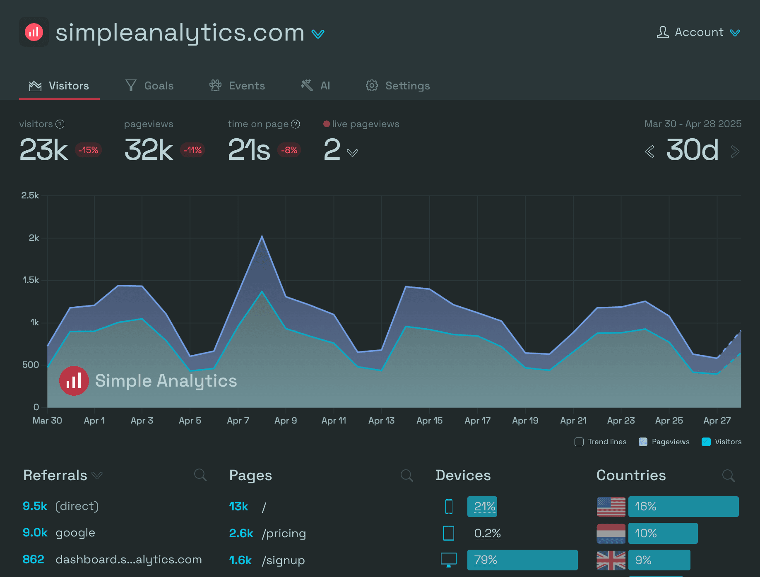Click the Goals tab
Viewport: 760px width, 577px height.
(149, 86)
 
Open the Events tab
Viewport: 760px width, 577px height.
(237, 86)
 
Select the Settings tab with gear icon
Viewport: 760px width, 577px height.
(398, 86)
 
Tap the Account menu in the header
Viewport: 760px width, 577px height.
(698, 32)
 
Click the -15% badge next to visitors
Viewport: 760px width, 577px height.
(88, 150)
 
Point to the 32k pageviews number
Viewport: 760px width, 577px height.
(149, 150)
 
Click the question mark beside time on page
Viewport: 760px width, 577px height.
(296, 124)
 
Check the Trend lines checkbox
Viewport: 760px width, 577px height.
(579, 442)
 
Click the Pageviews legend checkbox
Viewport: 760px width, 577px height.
(643, 442)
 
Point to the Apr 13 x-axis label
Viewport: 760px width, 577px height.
(381, 421)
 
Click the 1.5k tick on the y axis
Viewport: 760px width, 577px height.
(31, 280)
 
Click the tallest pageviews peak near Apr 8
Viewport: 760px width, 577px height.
(262, 236)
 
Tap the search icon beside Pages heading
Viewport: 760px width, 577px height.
(406, 475)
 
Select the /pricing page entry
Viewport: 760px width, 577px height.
(284, 533)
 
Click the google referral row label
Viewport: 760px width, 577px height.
(75, 533)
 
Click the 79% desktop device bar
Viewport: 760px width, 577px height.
(522, 560)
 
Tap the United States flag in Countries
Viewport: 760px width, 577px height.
(611, 507)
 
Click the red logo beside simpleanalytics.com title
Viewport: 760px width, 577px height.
(34, 32)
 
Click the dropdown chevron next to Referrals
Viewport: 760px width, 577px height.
(97, 476)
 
